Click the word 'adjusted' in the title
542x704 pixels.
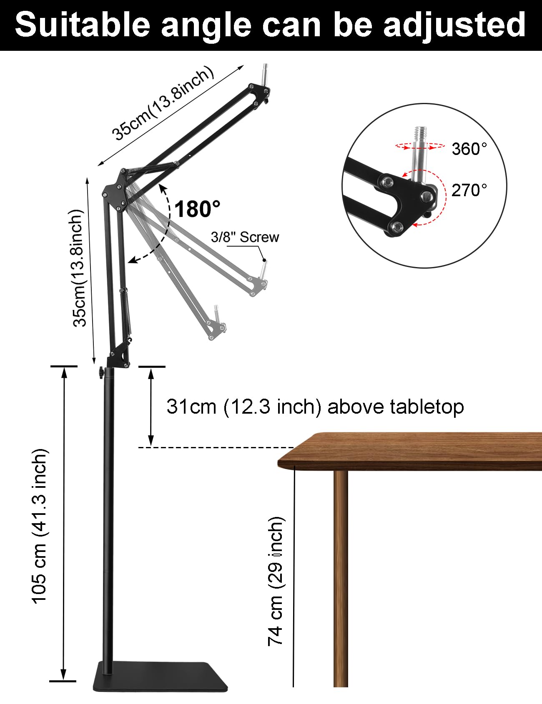454,25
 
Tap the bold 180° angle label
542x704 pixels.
197,209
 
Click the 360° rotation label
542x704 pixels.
469,149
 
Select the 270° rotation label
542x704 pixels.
469,190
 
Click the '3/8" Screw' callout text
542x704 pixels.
245,237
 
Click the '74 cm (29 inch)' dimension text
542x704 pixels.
276,581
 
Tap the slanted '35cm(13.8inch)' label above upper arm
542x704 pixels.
163,104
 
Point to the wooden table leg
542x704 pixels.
341,575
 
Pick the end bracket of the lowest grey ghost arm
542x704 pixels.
218,329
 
